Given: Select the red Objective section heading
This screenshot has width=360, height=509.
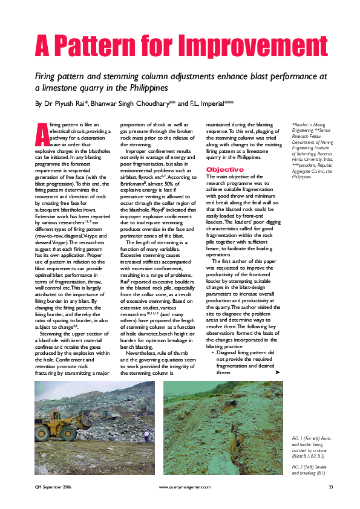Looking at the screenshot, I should tap(225, 169).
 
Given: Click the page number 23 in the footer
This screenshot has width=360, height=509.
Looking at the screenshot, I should tap(331, 487).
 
